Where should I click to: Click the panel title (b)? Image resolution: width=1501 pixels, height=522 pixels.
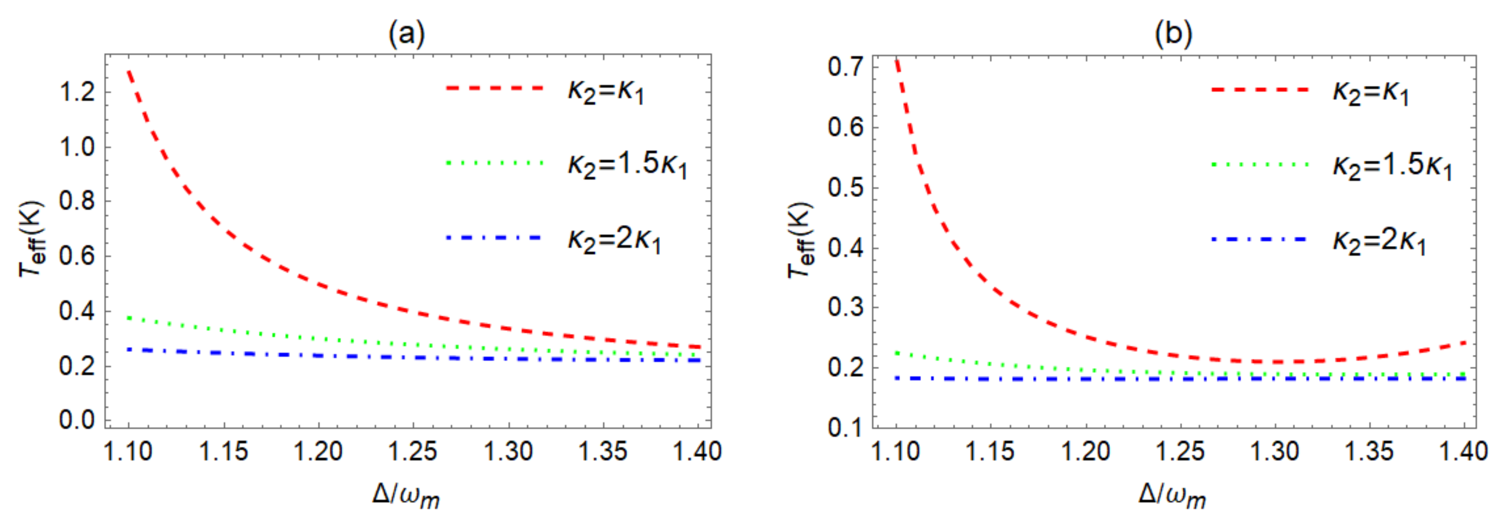[x=1173, y=34]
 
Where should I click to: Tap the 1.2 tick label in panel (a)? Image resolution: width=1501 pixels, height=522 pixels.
[x=77, y=92]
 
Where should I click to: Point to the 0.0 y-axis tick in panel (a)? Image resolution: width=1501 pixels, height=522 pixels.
[x=77, y=419]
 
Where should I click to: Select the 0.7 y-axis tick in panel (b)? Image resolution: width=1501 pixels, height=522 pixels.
[x=845, y=67]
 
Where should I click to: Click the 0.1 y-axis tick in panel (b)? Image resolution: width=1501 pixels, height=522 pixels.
[x=845, y=427]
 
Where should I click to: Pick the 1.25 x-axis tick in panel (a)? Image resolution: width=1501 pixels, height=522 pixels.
[x=413, y=451]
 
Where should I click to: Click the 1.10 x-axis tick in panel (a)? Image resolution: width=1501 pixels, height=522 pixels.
[x=128, y=451]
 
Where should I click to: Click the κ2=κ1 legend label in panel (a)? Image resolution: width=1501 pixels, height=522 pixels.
[x=606, y=91]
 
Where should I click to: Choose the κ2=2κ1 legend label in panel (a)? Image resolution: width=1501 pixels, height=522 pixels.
[x=615, y=240]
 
